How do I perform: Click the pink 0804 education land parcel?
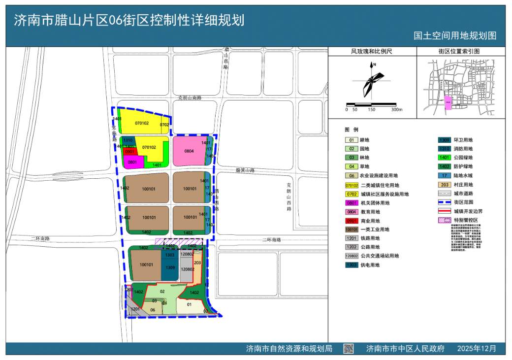point(189,151)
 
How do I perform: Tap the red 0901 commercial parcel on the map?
point(130,152)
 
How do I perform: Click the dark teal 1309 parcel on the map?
point(170,268)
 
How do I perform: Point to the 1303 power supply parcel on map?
point(169,255)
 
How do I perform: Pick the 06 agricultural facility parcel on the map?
point(153,309)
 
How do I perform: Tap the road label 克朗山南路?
point(190,98)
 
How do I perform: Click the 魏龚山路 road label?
point(245,170)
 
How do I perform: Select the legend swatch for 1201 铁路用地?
point(351,238)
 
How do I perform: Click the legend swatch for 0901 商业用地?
point(351,221)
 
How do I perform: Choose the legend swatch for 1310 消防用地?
point(445,149)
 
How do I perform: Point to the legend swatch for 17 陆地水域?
point(445,176)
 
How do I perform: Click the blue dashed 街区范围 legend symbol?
point(445,202)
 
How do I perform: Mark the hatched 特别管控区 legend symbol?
point(445,220)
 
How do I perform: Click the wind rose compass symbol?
point(373,81)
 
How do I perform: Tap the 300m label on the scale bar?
point(397,109)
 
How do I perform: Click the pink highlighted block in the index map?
point(448,102)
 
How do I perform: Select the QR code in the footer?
point(348,348)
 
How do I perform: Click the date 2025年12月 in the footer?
point(477,348)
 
